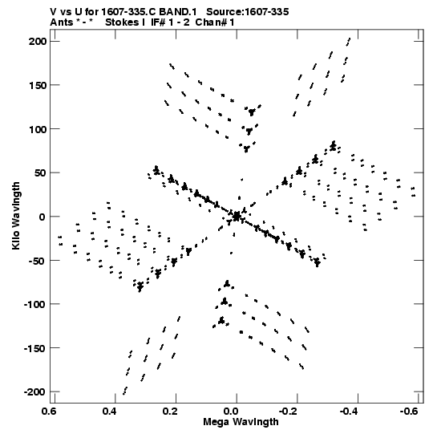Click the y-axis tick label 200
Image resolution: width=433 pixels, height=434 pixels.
[38, 42]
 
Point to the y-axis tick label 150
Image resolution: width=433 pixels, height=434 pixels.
[38, 85]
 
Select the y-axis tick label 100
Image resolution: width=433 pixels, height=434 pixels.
[38, 129]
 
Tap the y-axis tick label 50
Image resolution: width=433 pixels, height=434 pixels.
[41, 173]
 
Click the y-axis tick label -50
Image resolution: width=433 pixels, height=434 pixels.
[38, 261]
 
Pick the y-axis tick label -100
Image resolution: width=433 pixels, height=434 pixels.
[34, 305]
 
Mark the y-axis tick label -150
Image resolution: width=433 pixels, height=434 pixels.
[34, 348]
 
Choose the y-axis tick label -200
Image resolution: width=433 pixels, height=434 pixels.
[34, 392]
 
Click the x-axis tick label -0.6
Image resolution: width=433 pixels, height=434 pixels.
[411, 412]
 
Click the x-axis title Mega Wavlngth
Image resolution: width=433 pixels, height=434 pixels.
[241, 422]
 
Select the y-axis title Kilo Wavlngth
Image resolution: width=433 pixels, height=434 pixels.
[16, 216]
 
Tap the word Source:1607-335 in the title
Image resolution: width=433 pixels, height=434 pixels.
[248, 12]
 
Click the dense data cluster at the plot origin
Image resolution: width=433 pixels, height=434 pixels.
[237, 217]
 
